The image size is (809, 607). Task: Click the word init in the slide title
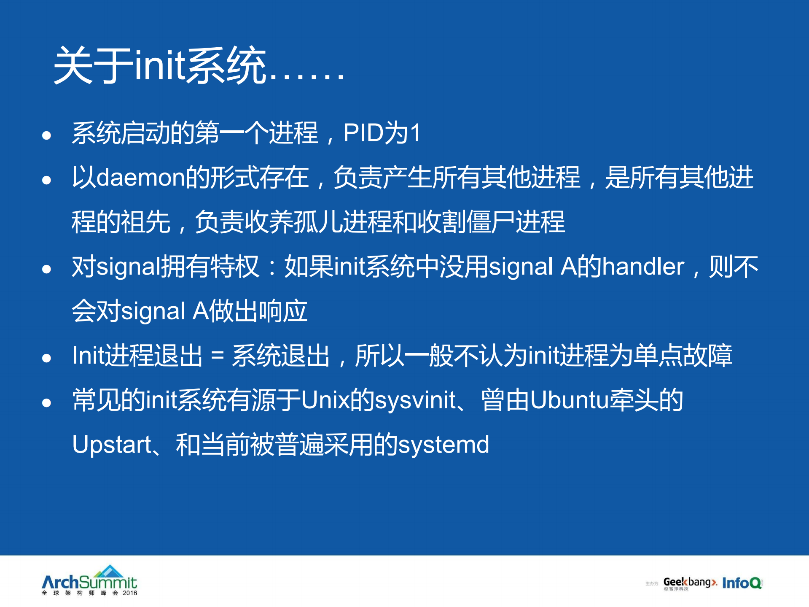tap(159, 65)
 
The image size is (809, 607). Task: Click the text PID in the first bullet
tap(363, 133)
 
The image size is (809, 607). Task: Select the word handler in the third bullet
tap(643, 267)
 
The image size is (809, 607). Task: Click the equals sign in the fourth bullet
tap(217, 356)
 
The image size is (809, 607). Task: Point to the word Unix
tap(325, 400)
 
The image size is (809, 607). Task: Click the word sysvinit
tap(416, 400)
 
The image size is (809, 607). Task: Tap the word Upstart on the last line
tap(112, 445)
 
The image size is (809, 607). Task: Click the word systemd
tap(443, 445)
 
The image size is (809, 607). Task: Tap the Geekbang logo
tap(690, 583)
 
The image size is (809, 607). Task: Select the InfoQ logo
tap(742, 583)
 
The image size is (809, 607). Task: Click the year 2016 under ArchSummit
tap(130, 593)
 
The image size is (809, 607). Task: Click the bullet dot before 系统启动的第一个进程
tap(46, 135)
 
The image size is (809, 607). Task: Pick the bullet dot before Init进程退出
tap(46, 358)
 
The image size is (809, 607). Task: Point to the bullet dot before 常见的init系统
tap(46, 403)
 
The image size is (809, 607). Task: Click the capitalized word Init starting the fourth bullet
tap(88, 356)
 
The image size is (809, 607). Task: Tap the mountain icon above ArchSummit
tap(109, 571)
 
